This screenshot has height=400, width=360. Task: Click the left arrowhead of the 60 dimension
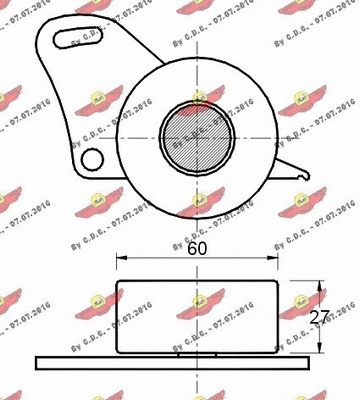point(122,260)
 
